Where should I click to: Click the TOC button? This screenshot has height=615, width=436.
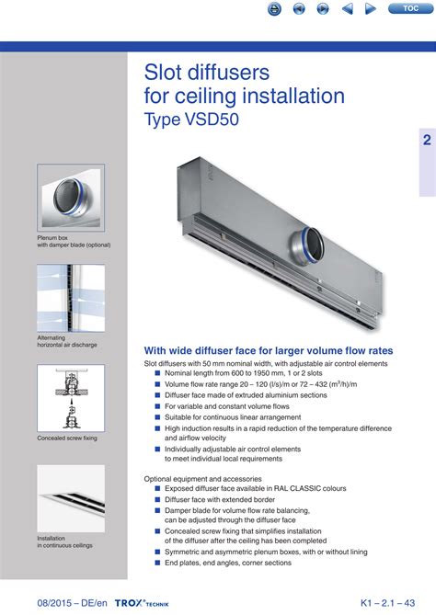pos(411,8)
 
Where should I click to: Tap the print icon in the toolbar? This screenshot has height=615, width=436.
pos(274,8)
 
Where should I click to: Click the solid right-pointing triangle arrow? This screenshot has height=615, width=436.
pos(370,8)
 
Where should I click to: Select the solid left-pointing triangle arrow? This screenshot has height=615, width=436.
pos(348,8)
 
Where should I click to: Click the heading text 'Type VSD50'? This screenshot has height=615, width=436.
pos(191,120)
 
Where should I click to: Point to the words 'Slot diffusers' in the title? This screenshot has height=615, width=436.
pos(207,73)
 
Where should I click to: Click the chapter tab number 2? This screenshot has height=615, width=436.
pos(427,140)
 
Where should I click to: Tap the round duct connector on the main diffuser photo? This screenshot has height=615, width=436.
pos(307,245)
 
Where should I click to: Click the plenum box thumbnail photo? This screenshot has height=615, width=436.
pos(71,198)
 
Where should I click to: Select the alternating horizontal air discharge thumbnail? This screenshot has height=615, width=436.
pos(71,298)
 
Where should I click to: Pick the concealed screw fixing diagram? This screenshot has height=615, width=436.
pos(71,398)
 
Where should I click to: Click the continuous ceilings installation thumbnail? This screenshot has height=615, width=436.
pos(71,498)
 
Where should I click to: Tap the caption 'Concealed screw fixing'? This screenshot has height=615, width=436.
pos(67,438)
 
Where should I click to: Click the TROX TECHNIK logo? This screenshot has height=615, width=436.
pos(142,603)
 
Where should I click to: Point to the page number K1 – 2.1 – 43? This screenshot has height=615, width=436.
pos(388,603)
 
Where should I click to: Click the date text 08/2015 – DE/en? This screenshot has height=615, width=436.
pos(73,603)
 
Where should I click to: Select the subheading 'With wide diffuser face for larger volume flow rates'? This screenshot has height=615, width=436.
pos(269,350)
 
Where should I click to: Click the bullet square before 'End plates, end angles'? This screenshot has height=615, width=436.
pos(158,563)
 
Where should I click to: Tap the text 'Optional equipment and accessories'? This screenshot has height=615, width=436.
pos(203,479)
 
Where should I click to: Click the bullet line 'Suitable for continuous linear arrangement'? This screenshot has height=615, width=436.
pos(233,417)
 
